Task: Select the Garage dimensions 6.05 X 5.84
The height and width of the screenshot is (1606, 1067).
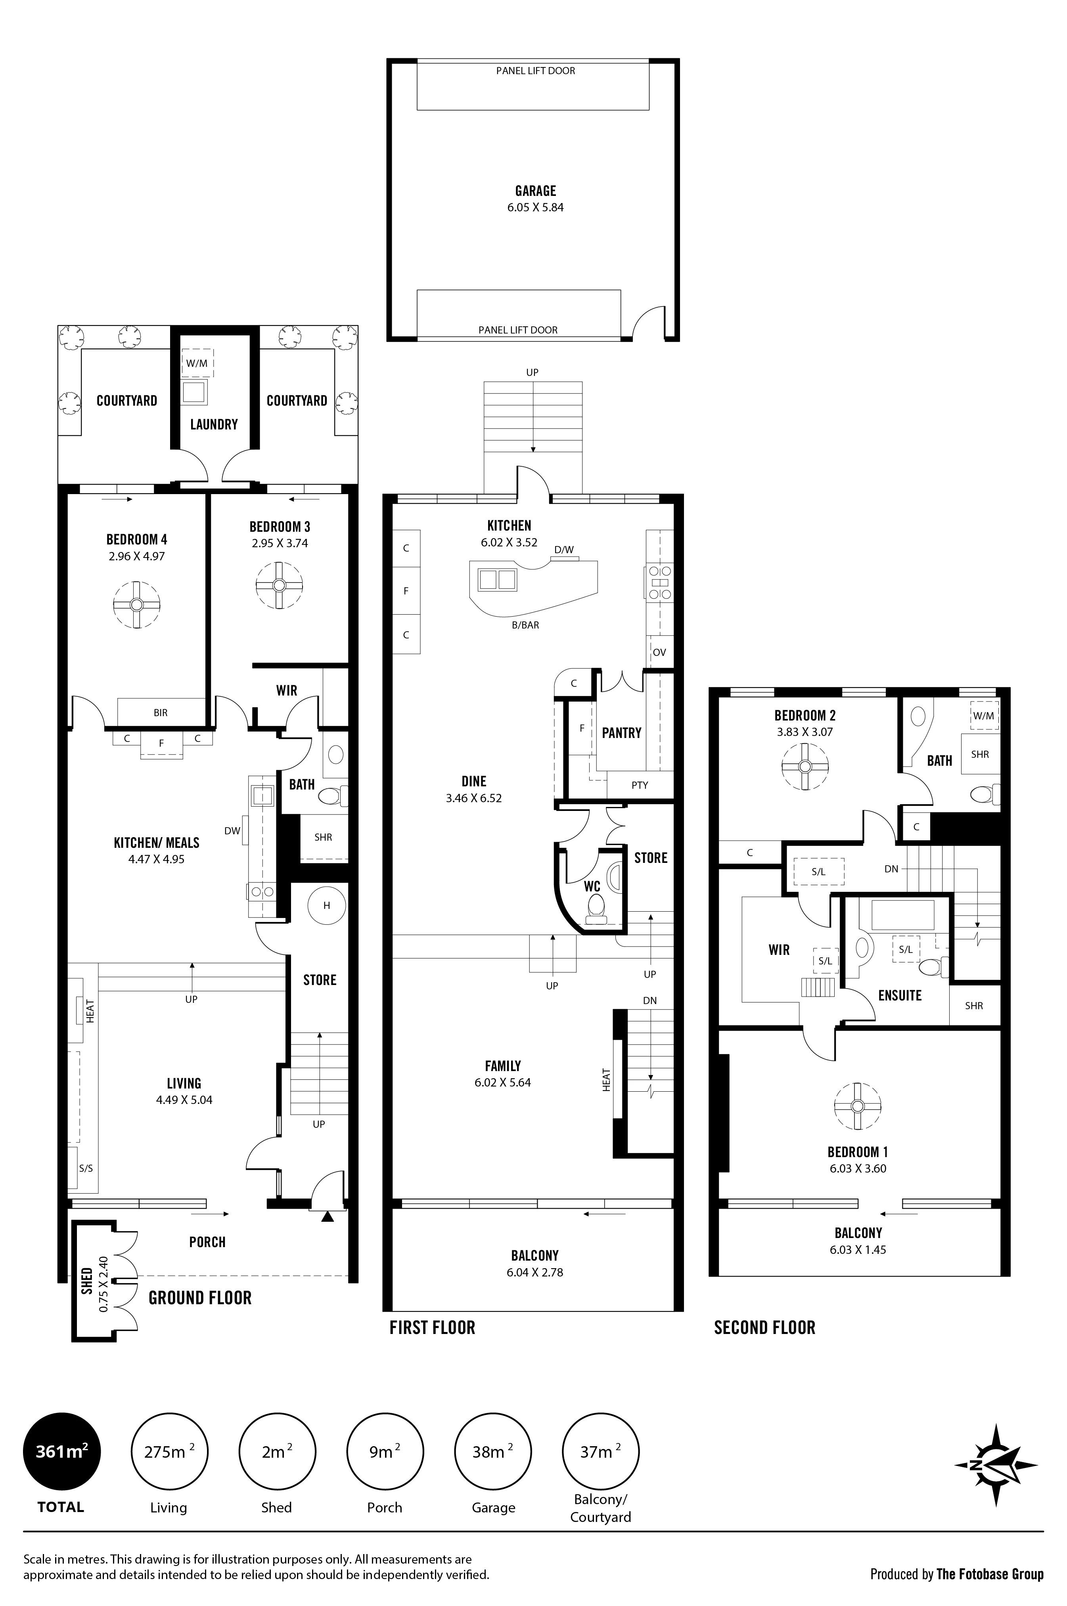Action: [535, 207]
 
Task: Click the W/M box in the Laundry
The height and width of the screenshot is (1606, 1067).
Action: [197, 363]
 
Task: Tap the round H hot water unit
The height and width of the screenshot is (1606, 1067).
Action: [327, 905]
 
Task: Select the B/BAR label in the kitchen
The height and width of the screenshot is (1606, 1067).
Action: [525, 625]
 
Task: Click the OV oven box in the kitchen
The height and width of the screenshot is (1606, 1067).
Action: [659, 652]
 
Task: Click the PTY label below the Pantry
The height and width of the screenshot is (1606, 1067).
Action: [640, 785]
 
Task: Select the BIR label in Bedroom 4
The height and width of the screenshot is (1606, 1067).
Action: [161, 713]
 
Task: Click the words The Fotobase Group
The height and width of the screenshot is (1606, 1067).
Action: [989, 1574]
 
